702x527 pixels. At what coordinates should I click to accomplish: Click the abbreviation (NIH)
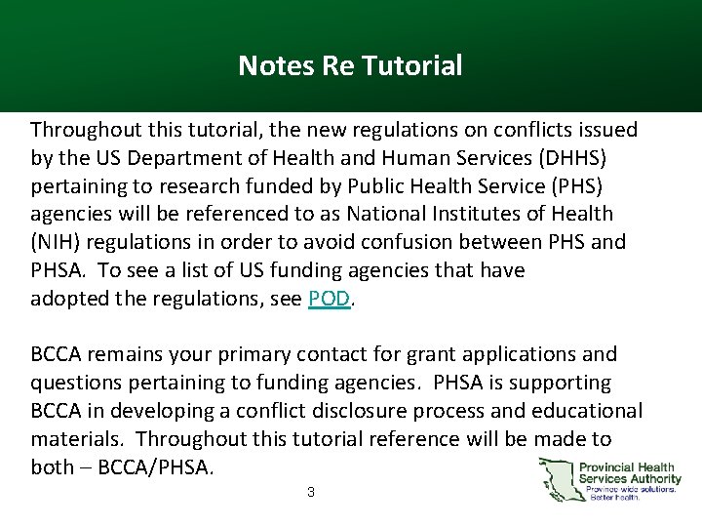tap(58, 241)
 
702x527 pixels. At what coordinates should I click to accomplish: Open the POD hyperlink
tap(329, 299)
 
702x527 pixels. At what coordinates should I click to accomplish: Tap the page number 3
tap(310, 493)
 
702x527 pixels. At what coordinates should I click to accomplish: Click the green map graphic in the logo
tap(557, 479)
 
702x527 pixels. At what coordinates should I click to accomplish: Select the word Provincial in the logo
tap(607, 467)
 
